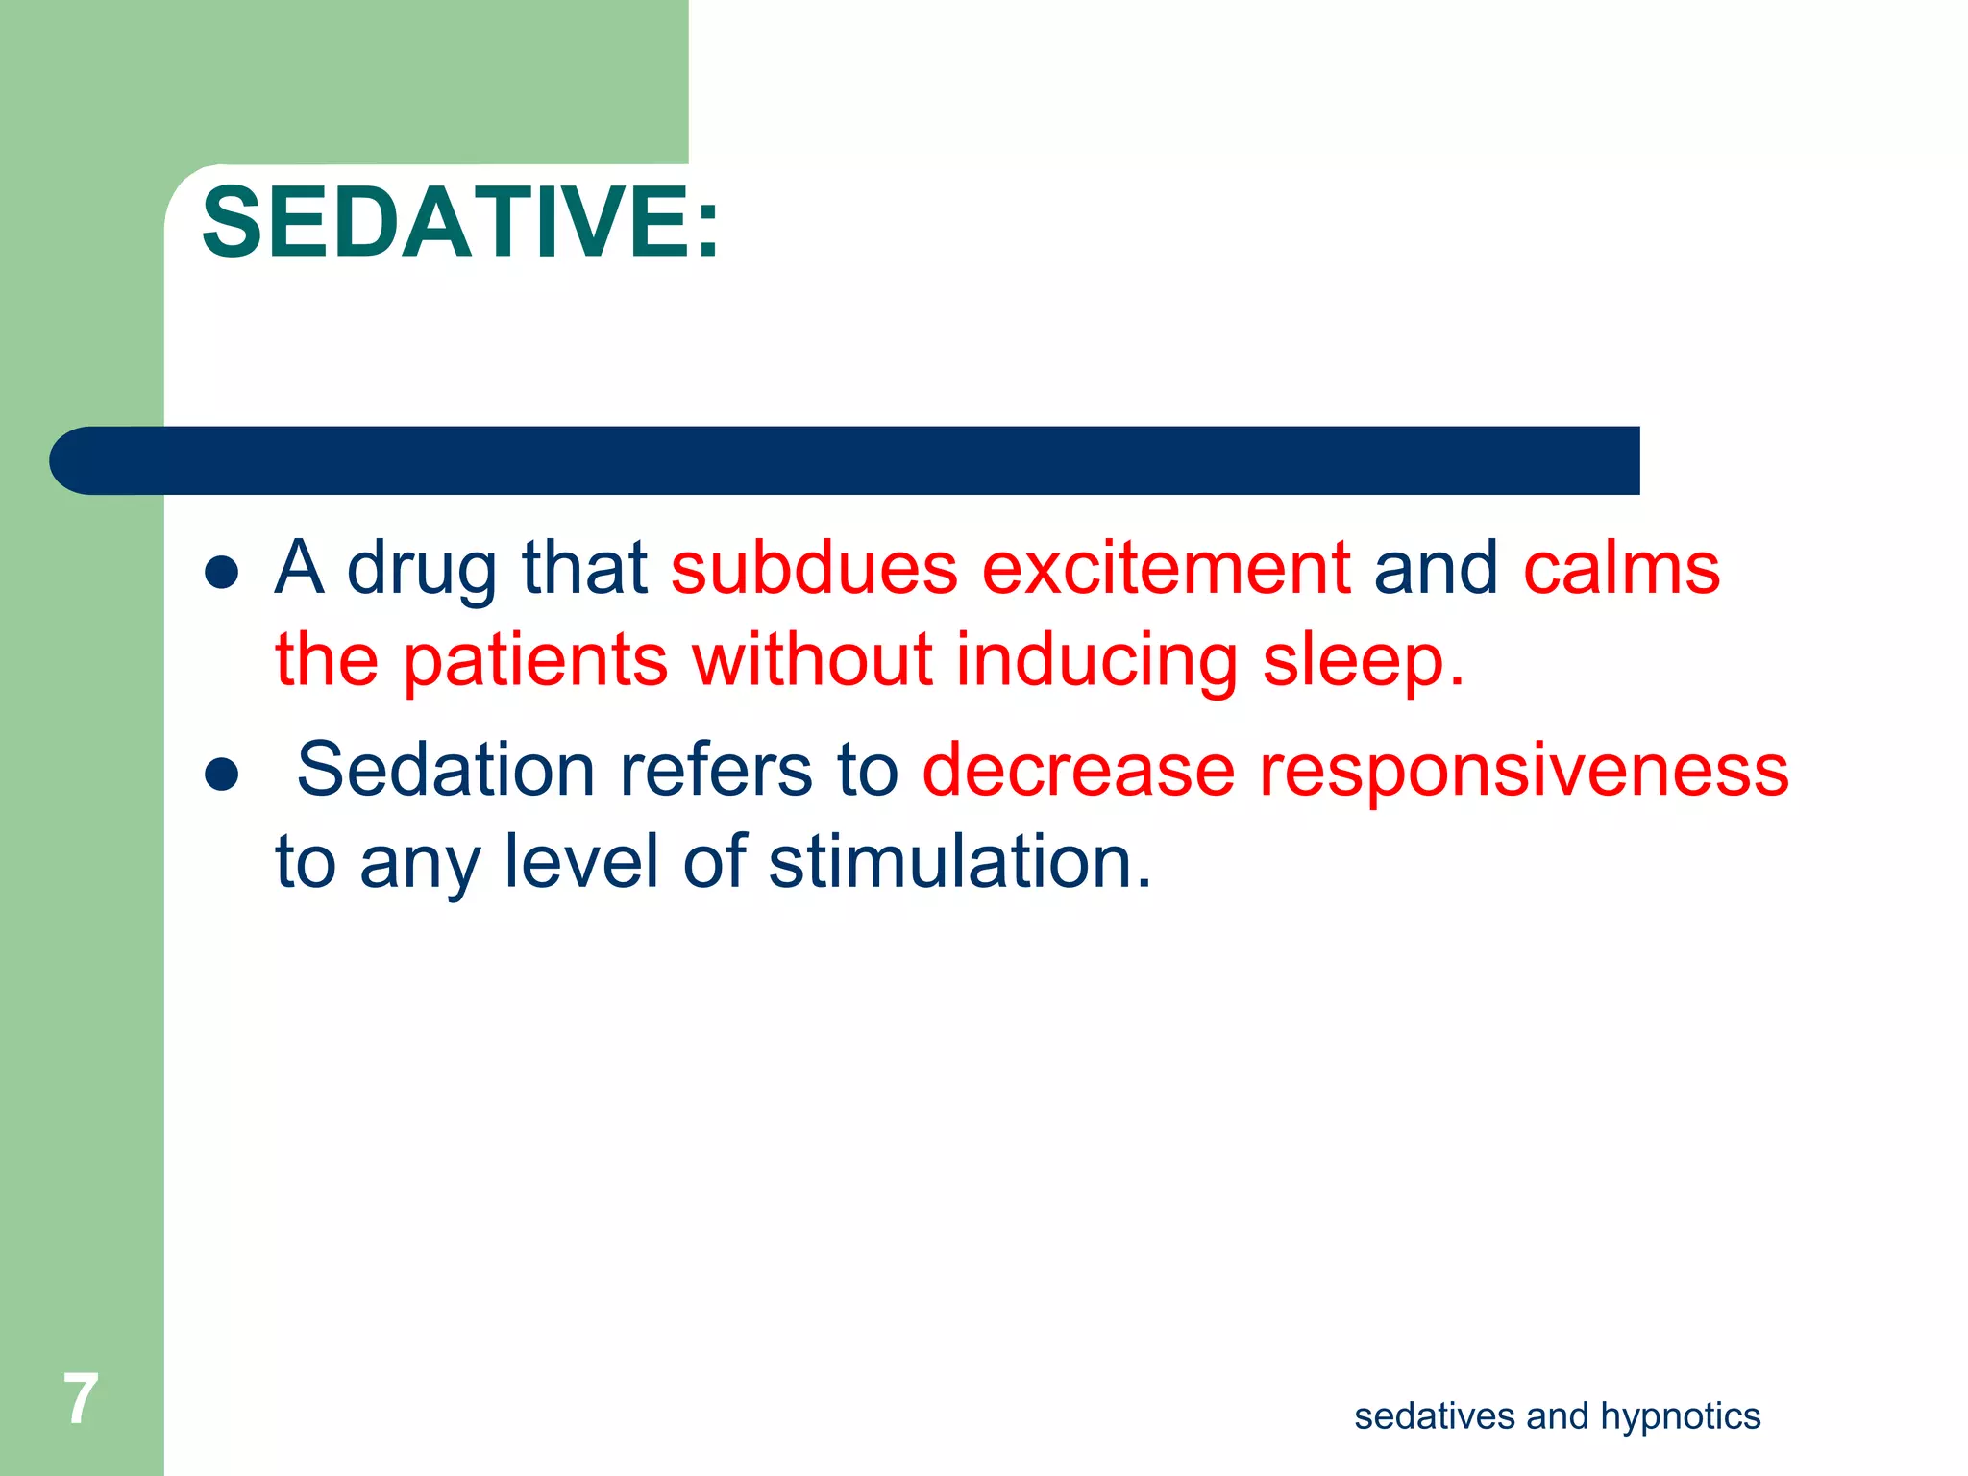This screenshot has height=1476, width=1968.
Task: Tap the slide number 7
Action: [x=81, y=1399]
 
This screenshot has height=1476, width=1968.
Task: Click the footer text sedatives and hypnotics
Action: [x=1557, y=1416]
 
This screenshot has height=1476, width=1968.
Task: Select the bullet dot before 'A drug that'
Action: [x=222, y=573]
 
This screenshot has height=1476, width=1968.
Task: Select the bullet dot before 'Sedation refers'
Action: [x=222, y=775]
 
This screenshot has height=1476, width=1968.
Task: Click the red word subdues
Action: [x=814, y=568]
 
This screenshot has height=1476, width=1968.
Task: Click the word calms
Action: [x=1621, y=568]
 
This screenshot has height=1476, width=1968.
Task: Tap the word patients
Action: [x=534, y=661]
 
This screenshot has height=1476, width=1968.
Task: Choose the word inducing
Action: [x=1096, y=661]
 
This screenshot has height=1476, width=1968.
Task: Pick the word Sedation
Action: [x=446, y=770]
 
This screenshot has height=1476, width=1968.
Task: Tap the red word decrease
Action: [x=1078, y=770]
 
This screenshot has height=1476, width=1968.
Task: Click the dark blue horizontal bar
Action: [x=846, y=460]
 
